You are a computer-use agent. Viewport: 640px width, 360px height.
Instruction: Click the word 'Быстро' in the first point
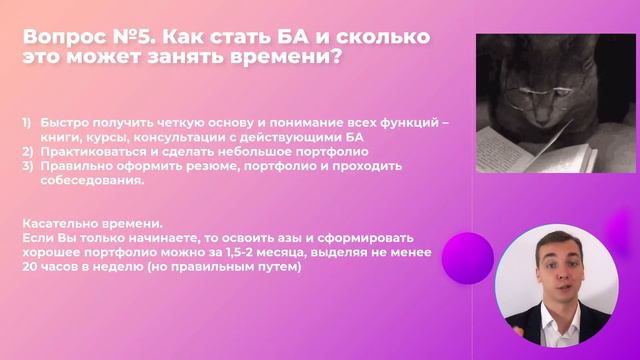(65, 123)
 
